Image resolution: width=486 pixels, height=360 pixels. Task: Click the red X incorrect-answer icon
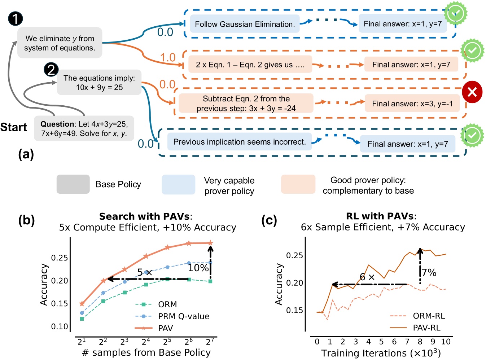point(472,92)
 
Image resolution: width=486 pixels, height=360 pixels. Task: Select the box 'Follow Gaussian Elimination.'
point(245,24)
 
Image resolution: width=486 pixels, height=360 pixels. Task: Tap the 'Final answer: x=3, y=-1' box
point(412,104)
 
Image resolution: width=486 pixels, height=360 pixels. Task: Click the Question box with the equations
point(84,128)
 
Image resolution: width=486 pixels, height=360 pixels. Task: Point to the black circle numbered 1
point(15,19)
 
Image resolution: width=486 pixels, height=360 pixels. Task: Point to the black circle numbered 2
point(51,69)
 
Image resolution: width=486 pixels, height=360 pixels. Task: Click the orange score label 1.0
point(168,57)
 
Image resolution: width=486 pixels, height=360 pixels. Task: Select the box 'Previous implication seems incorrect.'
point(239,142)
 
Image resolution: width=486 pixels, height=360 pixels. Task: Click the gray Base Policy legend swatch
point(73,184)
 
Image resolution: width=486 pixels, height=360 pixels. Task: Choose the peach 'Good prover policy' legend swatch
point(298,184)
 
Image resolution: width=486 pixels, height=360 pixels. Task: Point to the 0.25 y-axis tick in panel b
point(60,258)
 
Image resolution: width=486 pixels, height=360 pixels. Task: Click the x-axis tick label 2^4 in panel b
point(146,342)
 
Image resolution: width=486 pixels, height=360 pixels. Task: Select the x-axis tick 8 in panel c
point(420,342)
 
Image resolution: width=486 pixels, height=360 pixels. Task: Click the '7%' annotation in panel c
point(429,273)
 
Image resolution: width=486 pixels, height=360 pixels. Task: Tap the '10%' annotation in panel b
point(198,268)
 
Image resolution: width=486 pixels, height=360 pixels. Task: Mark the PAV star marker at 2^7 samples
point(211,243)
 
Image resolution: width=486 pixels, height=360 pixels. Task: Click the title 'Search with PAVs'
point(145,216)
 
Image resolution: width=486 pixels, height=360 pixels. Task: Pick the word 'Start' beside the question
point(14,127)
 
